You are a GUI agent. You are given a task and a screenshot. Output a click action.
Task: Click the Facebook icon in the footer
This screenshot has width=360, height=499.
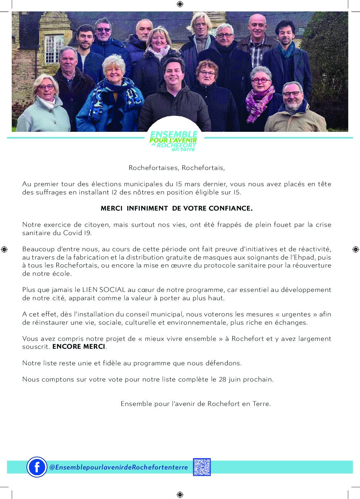pos(37,467)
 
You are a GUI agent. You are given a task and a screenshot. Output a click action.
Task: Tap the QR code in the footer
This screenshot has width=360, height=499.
pos(202,467)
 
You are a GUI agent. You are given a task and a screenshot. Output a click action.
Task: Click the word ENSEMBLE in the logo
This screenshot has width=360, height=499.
pos(174,135)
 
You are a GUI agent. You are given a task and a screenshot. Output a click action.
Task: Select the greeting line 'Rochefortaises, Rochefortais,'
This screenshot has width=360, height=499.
pos(177,168)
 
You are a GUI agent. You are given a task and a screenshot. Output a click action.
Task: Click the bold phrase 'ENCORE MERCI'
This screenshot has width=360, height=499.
pos(79,347)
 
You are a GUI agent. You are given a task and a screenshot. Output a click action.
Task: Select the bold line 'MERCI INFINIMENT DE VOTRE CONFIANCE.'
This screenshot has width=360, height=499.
pos(177,208)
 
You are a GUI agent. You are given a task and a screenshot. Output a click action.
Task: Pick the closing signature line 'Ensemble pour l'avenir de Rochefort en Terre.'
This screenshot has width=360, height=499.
pos(196,404)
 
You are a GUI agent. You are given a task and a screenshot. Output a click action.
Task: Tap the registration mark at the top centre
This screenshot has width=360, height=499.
pos(180,4)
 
